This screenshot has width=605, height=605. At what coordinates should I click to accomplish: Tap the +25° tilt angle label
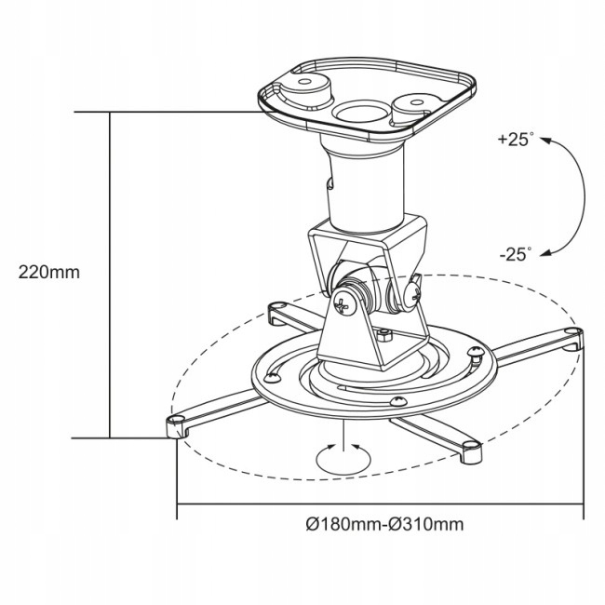tap(515, 141)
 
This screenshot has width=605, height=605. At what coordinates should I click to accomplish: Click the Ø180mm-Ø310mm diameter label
tap(384, 524)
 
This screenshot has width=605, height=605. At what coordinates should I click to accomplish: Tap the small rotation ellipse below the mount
tap(342, 456)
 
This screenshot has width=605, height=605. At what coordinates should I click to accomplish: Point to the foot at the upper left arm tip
tap(276, 311)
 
